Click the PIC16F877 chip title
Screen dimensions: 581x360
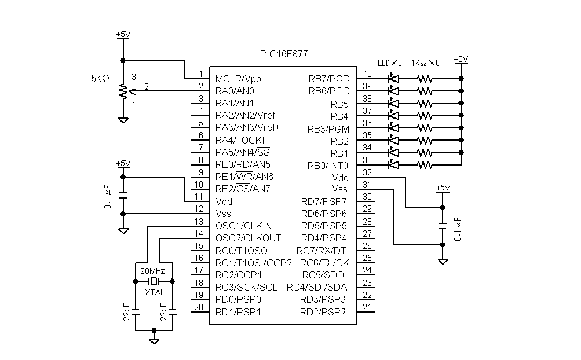pos(284,54)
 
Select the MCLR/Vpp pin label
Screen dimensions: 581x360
pos(238,79)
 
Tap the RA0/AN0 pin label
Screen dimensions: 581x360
pos(235,91)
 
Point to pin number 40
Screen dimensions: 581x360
pos(367,74)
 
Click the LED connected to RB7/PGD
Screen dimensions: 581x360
pos(393,79)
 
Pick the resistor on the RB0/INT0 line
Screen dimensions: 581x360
pos(425,165)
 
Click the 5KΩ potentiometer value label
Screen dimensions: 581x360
pos(100,79)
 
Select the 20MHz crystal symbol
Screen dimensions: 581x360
pos(154,281)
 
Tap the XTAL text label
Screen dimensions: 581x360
pos(155,293)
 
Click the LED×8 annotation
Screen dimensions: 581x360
pos(389,63)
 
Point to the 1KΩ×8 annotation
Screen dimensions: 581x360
pos(425,63)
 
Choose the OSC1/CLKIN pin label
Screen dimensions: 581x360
pos(243,226)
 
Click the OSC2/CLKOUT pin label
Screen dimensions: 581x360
pos(249,238)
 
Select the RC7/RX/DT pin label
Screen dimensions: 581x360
pos(321,251)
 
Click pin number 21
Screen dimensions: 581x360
pos(367,307)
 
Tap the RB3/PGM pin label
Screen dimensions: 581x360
pos(328,129)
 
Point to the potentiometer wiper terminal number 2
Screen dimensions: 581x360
pos(147,87)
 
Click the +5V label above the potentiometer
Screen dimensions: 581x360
pos(123,35)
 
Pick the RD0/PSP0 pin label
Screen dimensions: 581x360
pos(238,300)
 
